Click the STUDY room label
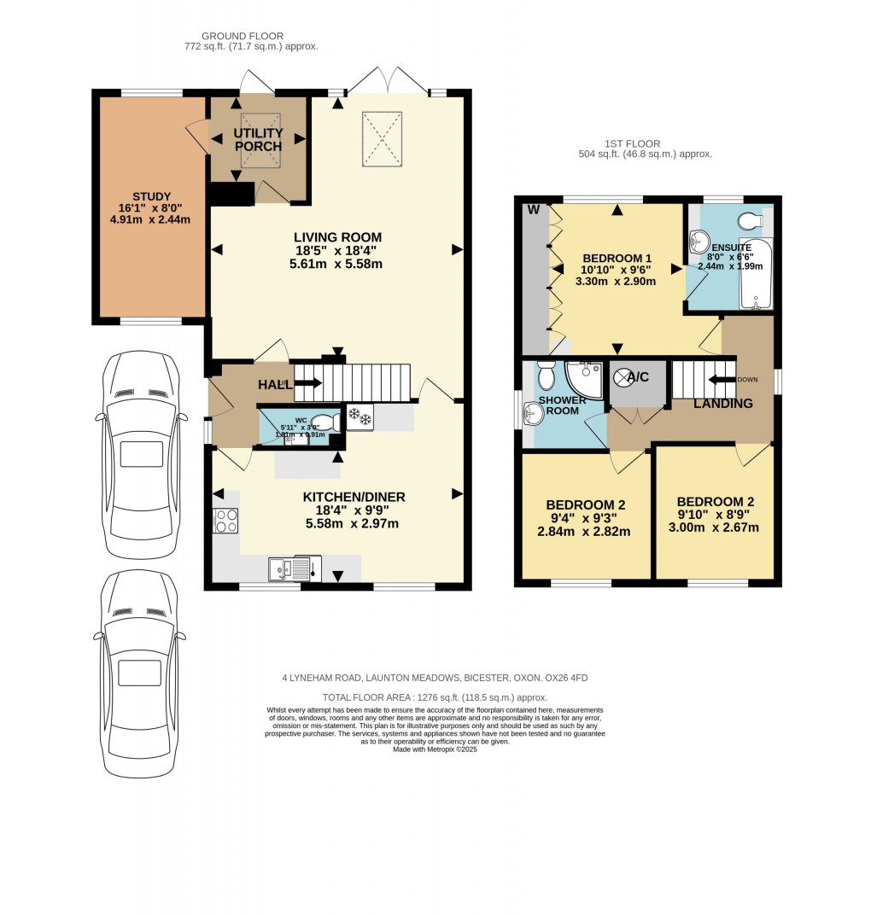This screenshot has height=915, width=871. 152,195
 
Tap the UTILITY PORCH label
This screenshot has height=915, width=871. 259,139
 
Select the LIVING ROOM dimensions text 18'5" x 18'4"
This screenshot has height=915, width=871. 337,251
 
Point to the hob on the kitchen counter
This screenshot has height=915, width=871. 226,520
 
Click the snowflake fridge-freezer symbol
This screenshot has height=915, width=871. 360,417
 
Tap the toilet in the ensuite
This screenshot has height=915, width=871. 750,222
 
